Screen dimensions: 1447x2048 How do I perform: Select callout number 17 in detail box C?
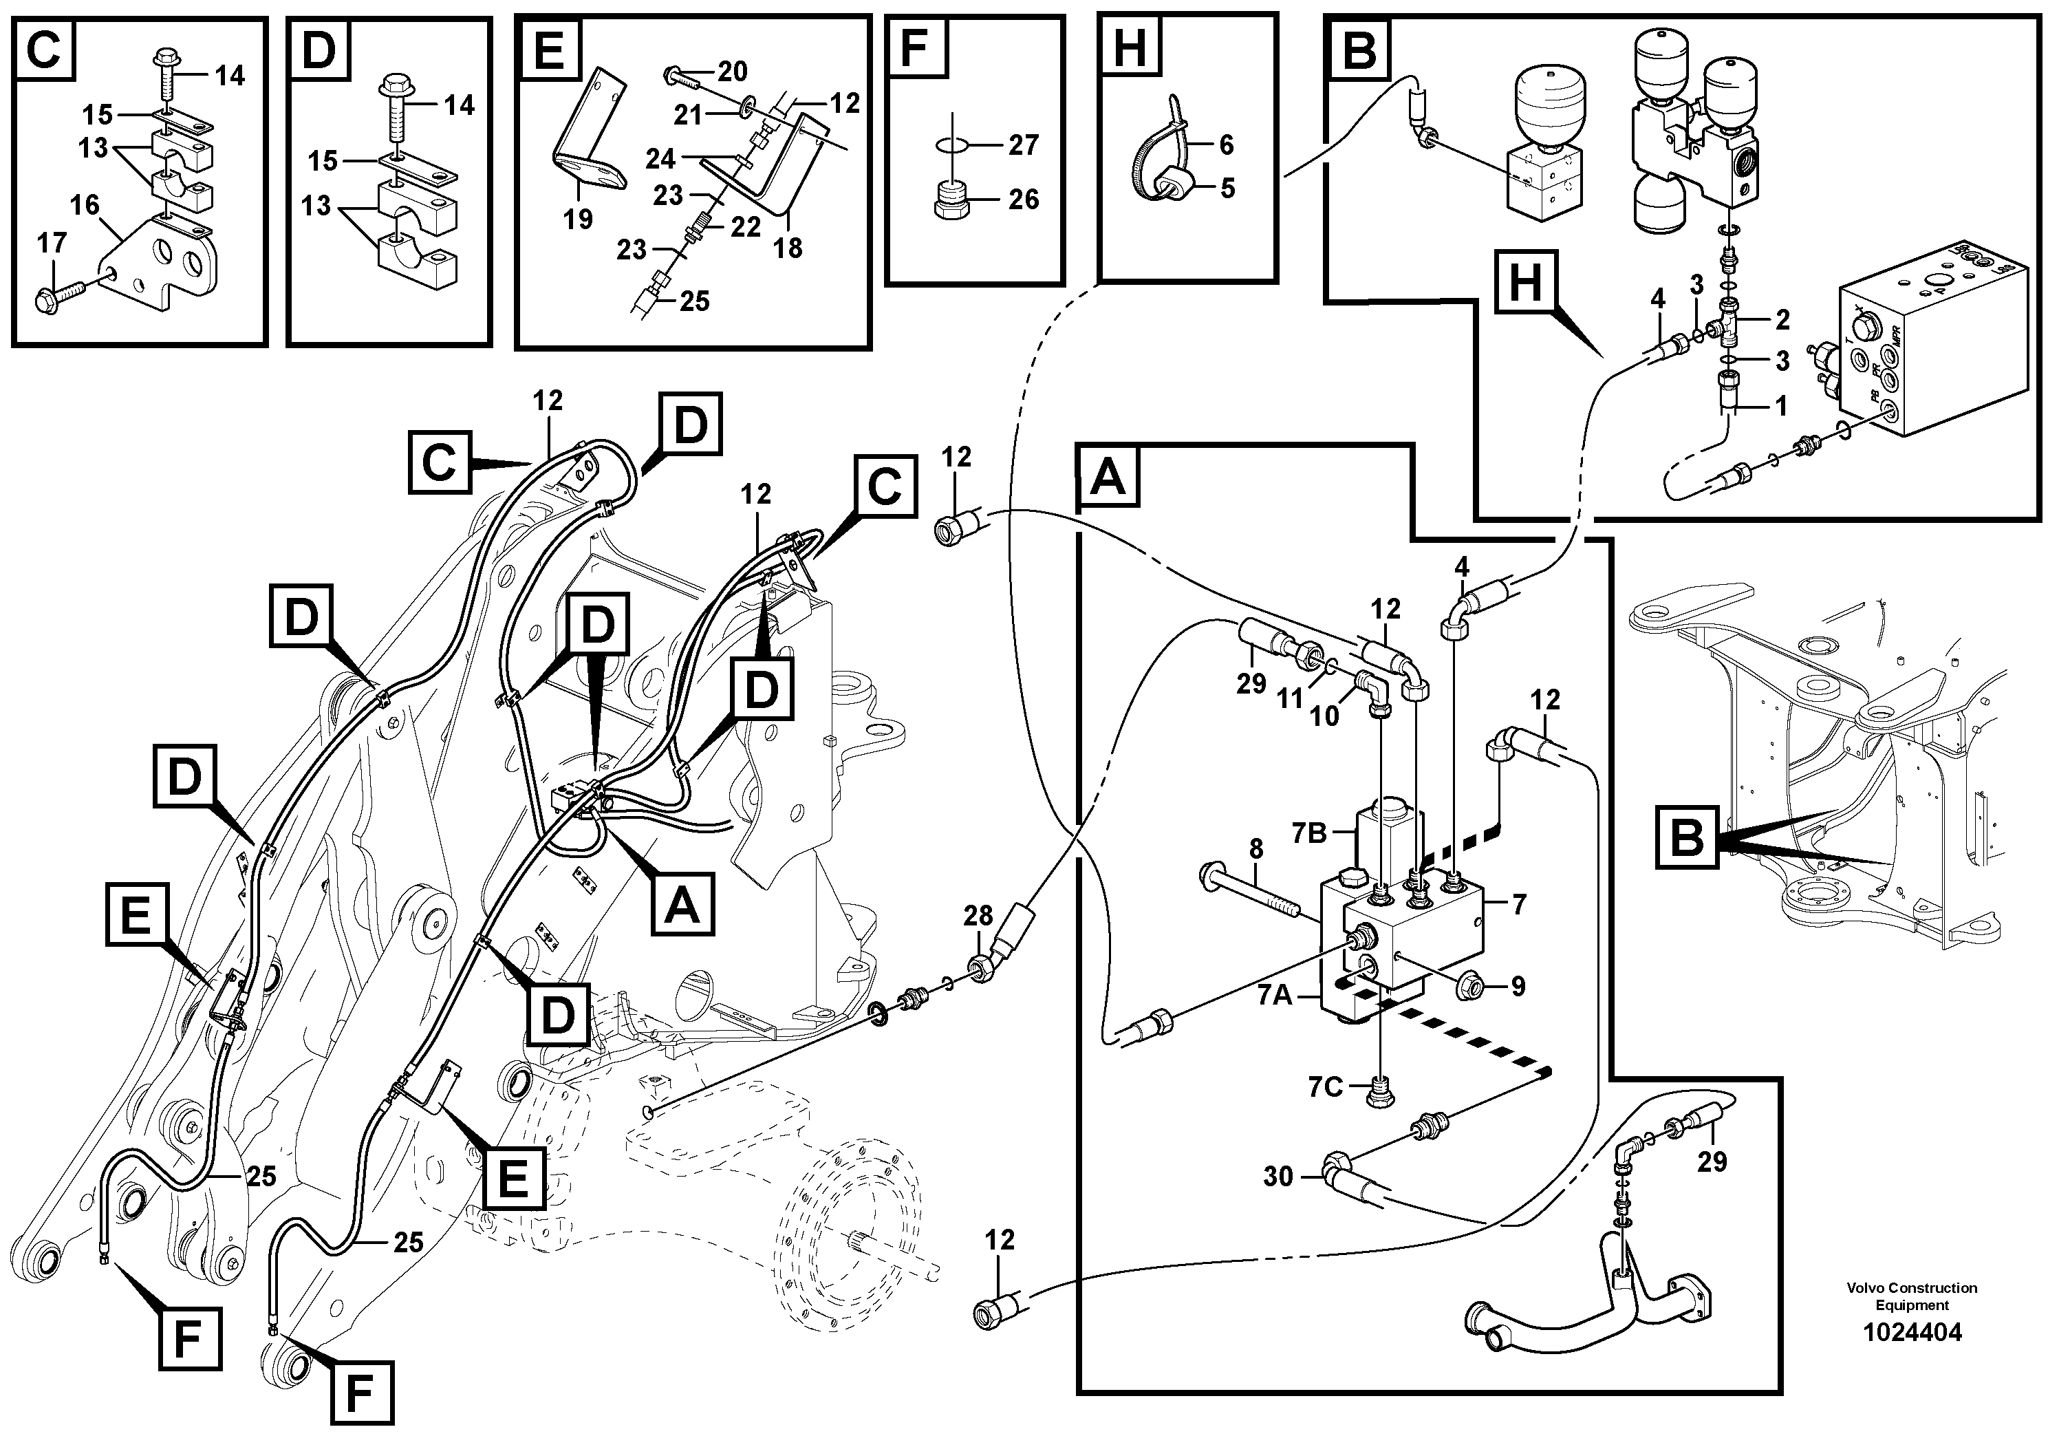(51, 243)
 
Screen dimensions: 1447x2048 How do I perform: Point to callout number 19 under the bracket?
(577, 219)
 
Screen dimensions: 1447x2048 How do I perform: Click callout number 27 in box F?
(1023, 144)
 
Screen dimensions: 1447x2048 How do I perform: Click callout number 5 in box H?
(1227, 189)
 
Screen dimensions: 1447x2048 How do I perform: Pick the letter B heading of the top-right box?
(1359, 50)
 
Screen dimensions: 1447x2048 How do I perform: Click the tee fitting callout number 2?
(1782, 319)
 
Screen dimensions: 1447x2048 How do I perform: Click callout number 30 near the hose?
(1278, 1177)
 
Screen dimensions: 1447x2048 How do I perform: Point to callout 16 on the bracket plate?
(85, 206)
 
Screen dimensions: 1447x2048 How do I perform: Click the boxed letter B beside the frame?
(1687, 837)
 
